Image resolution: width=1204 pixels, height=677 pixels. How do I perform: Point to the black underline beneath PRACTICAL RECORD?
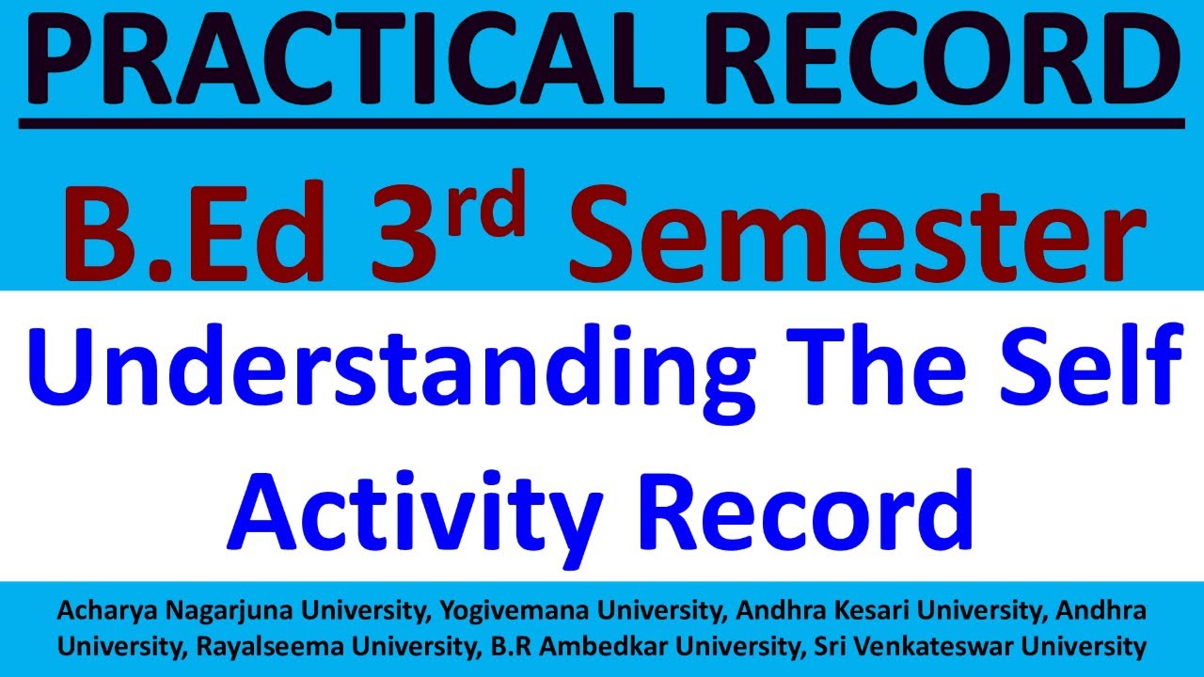click(602, 122)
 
